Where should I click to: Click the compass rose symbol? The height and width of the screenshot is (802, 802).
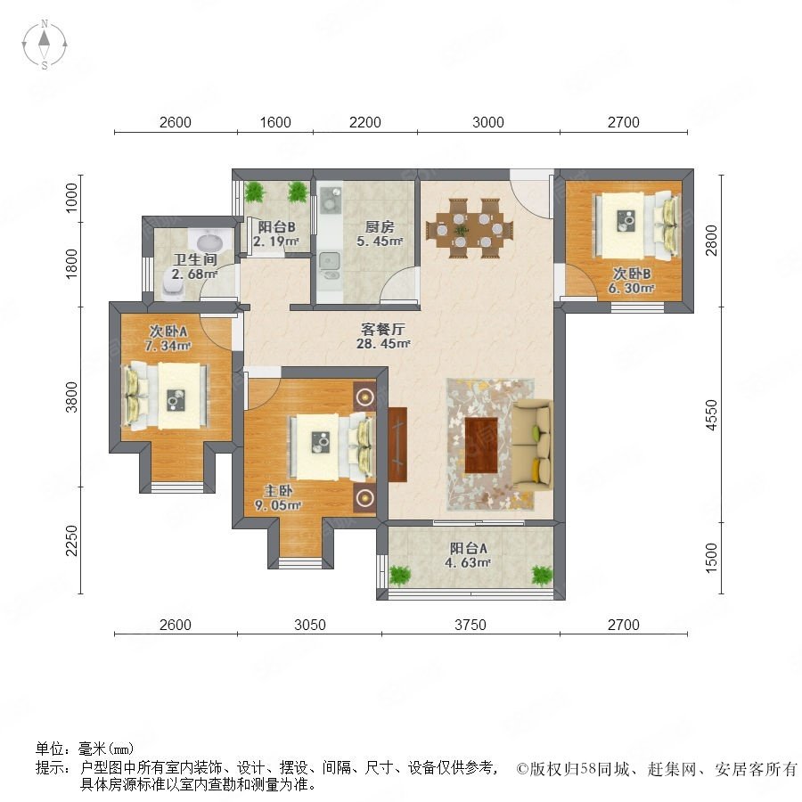45,45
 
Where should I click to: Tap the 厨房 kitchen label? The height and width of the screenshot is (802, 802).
380,226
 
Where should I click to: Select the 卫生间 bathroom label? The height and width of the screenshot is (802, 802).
195,259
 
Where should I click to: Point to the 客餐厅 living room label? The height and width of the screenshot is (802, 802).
383,329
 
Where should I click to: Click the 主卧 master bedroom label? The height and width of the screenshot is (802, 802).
278,491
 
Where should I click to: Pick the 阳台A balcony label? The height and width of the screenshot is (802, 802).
468,548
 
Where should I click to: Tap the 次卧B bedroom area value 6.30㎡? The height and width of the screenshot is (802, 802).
631,289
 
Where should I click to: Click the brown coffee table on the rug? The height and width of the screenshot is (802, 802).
481,445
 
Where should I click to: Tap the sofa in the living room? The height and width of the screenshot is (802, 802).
533,445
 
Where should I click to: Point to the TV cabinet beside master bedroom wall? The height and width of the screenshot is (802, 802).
397,445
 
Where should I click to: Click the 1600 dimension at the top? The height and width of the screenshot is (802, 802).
275,122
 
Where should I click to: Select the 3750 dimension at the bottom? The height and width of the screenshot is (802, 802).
470,625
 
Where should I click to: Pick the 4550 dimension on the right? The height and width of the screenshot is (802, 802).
711,414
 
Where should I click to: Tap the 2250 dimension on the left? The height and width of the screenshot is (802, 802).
71,540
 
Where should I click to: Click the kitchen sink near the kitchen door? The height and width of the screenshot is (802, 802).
330,262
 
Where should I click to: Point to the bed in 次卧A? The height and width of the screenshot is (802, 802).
167,396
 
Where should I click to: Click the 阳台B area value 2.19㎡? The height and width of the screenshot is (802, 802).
276,241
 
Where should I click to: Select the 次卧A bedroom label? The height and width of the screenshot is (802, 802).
168,331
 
